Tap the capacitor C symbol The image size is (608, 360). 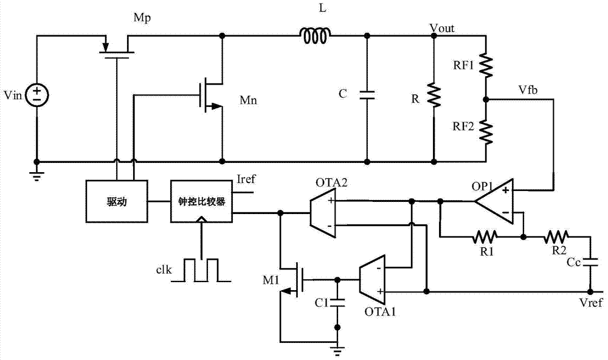pos(367,94)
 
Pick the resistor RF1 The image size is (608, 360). pos(486,64)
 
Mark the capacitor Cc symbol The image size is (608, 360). pos(589,261)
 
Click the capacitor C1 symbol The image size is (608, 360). pos(337,302)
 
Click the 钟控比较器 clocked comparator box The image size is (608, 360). pos(201,201)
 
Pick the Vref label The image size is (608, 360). pos(592,302)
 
